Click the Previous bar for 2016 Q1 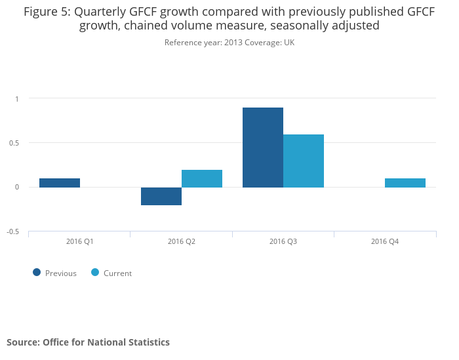tap(60, 183)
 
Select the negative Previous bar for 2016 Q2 tap(161, 196)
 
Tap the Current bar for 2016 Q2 tap(202, 178)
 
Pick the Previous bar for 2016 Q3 tap(263, 148)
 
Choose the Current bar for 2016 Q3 tap(304, 161)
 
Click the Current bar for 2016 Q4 tap(405, 183)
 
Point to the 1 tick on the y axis tap(18, 99)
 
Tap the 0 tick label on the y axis tap(18, 188)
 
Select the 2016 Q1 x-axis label tap(80, 242)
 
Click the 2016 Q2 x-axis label tap(182, 242)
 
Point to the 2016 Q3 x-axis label tap(283, 242)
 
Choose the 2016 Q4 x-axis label tap(385, 242)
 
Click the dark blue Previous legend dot tap(37, 273)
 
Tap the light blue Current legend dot tap(95, 273)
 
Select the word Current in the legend tap(117, 273)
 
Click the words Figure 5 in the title tap(46, 12)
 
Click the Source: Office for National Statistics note tap(88, 342)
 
